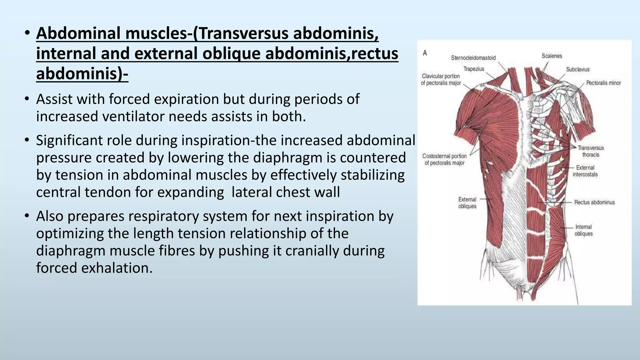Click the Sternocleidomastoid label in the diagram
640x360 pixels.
[x=473, y=58]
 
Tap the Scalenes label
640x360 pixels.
[x=552, y=56]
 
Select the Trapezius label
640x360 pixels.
[x=473, y=69]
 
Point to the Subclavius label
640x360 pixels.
[x=577, y=69]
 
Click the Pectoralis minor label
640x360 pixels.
[x=603, y=83]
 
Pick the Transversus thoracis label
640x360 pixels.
[x=591, y=151]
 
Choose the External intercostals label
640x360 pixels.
[x=585, y=171]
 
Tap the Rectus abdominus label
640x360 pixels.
[x=594, y=202]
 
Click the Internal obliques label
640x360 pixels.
[x=583, y=230]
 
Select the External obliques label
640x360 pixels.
[x=467, y=203]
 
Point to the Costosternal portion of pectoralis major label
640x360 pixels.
[x=444, y=159]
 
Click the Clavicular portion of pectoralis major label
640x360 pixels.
[x=441, y=79]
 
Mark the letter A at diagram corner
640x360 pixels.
[x=425, y=53]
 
